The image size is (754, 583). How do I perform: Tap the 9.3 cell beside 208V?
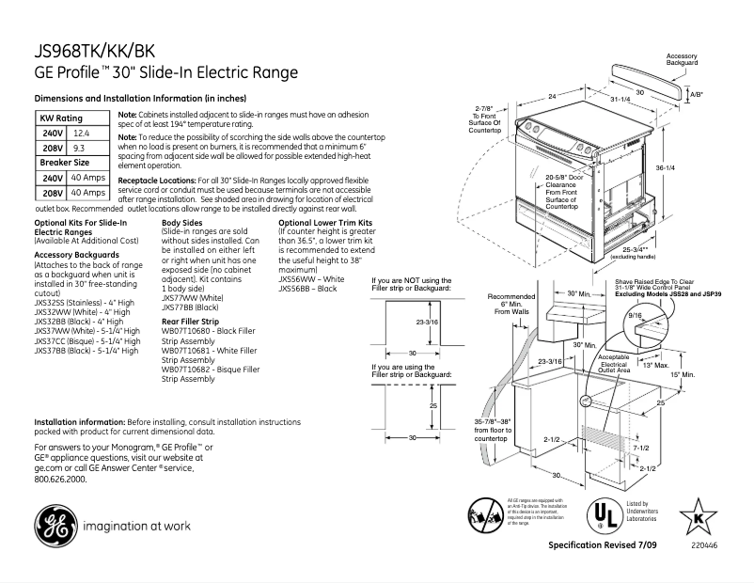(x=79, y=148)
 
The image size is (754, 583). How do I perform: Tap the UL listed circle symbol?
(x=599, y=516)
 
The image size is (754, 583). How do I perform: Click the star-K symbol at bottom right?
(x=698, y=516)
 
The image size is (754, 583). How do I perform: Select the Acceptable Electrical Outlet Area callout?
(x=613, y=364)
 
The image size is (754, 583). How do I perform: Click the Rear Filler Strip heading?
(x=193, y=321)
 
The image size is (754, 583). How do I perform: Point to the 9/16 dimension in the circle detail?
(x=637, y=316)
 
